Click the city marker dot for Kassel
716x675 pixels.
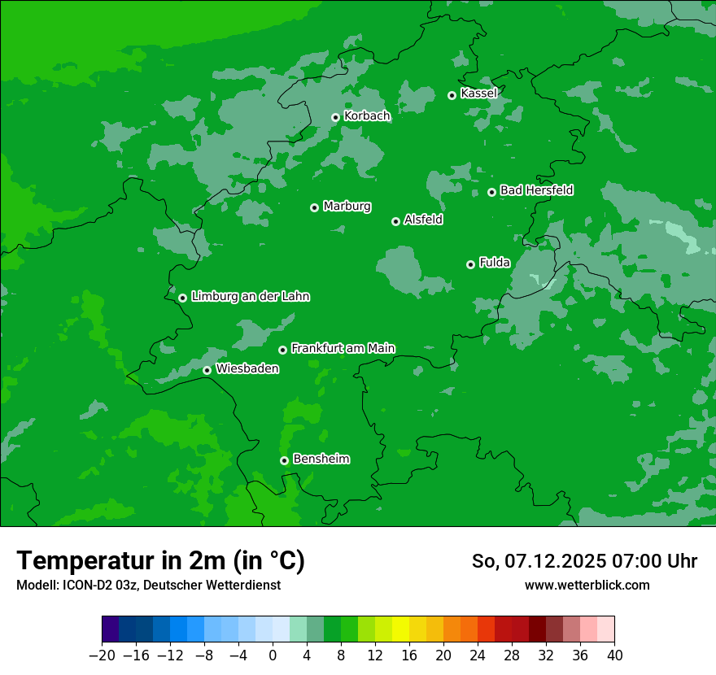pyautogui.click(x=452, y=95)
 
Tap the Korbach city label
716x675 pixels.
pyautogui.click(x=367, y=116)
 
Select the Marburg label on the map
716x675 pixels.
pyautogui.click(x=347, y=207)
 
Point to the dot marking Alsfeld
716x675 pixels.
pyautogui.click(x=395, y=221)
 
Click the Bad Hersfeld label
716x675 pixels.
pyautogui.click(x=536, y=190)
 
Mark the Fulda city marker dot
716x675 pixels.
pyautogui.click(x=470, y=264)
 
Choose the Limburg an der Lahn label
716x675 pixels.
pyautogui.click(x=250, y=297)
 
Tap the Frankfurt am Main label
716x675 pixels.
pyautogui.click(x=343, y=348)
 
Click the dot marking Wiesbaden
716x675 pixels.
pyautogui.click(x=207, y=370)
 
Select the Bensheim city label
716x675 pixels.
pyautogui.click(x=321, y=459)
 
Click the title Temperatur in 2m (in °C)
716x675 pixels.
pyautogui.click(x=160, y=561)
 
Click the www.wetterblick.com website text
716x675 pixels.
pyautogui.click(x=587, y=586)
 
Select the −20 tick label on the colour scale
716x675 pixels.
pyautogui.click(x=102, y=655)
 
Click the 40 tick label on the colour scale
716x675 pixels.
pyautogui.click(x=614, y=655)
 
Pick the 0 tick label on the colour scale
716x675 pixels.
pyautogui.click(x=273, y=655)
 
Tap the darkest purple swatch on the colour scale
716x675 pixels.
pyautogui.click(x=111, y=629)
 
